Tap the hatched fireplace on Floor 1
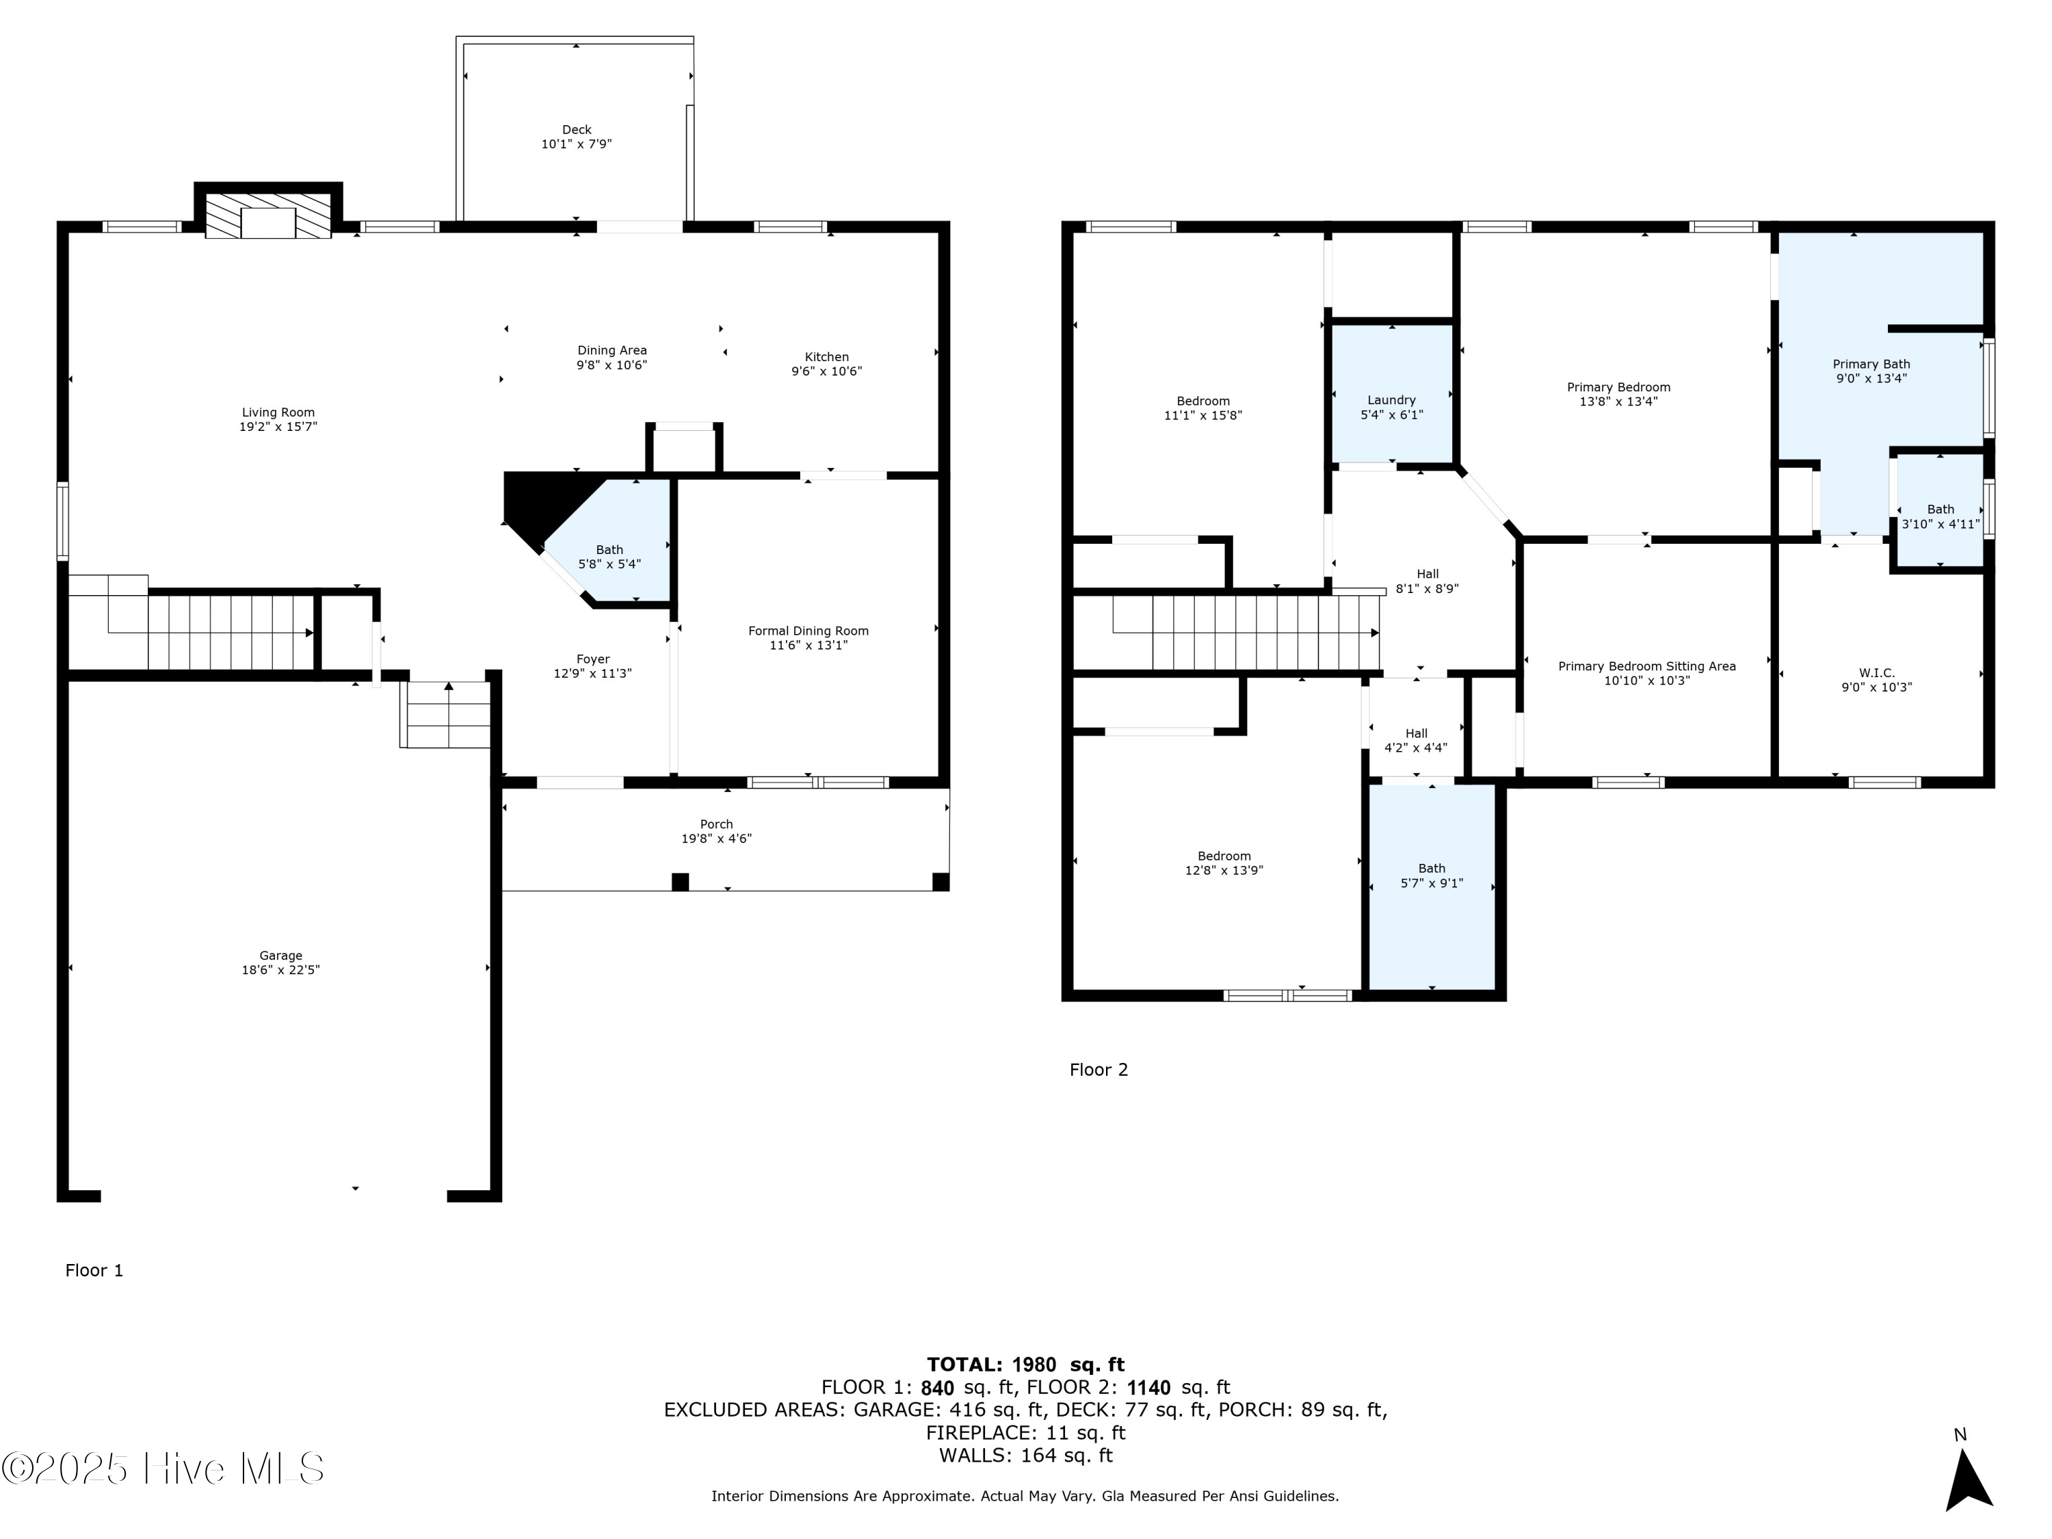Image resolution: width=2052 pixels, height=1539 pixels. [267, 215]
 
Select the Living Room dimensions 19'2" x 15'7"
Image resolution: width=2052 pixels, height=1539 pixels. [278, 427]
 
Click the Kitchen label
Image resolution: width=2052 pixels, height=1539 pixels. [826, 357]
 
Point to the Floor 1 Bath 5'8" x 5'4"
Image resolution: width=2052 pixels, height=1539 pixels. [609, 557]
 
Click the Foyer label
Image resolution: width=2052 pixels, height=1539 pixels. [593, 659]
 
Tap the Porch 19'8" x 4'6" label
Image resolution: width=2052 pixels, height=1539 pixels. [716, 831]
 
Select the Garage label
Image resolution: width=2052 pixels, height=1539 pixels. [280, 956]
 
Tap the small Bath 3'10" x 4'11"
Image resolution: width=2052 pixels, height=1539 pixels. [1941, 516]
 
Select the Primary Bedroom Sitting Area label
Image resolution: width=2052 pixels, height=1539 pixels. [1646, 666]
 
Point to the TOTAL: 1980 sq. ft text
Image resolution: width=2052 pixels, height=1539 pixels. [1025, 1365]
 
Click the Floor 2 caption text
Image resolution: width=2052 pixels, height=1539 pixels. [1099, 1070]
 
